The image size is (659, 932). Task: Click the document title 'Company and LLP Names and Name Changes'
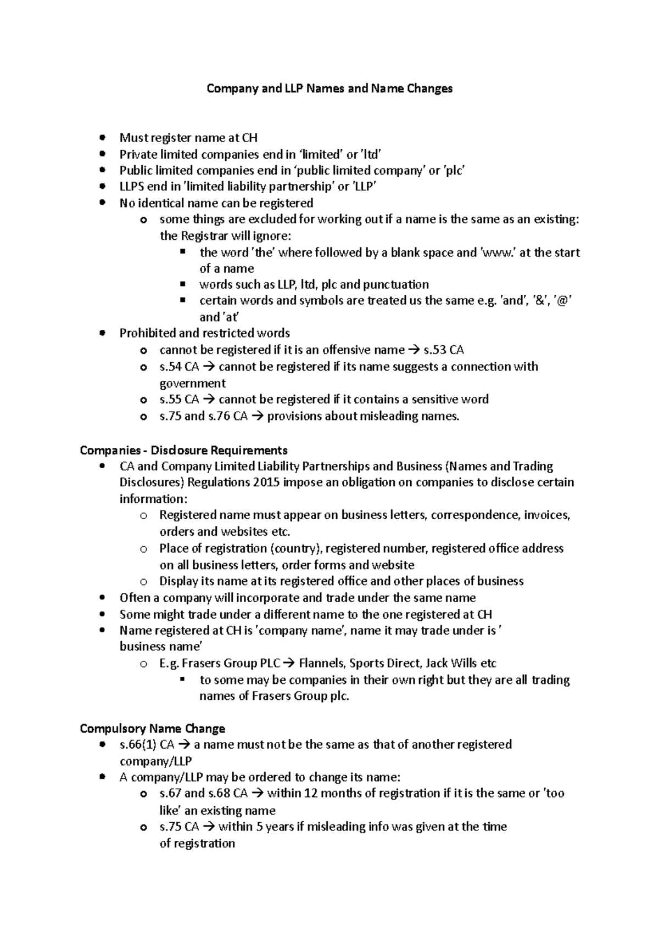pyautogui.click(x=329, y=88)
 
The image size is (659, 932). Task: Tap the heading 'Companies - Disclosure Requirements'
pyautogui.click(x=183, y=451)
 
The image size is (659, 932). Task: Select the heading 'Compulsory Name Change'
pyautogui.click(x=152, y=729)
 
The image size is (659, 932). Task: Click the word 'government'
pyautogui.click(x=192, y=383)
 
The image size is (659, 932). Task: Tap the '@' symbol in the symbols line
pyautogui.click(x=564, y=301)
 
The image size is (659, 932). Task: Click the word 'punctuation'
pyautogui.click(x=396, y=285)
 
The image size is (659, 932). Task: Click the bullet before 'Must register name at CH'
pyautogui.click(x=102, y=138)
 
